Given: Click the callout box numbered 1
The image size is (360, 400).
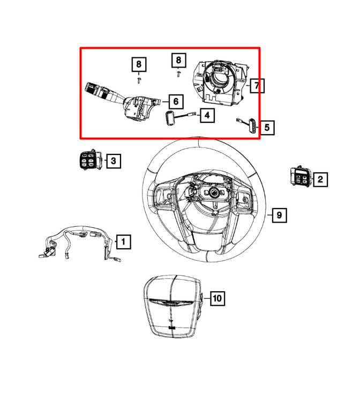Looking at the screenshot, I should pos(123,242).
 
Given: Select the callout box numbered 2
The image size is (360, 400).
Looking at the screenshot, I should pos(320,179).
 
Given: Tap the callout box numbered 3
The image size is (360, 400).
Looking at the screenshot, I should pos(113,160).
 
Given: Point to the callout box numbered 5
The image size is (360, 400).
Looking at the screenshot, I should pos(266,128).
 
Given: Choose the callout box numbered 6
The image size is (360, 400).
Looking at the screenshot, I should pos(176,101).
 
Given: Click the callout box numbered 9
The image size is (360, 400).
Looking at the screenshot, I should pos(279,216).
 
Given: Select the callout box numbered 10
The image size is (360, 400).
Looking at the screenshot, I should pos(217,298).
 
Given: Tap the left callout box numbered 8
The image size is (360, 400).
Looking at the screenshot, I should pos(139,65).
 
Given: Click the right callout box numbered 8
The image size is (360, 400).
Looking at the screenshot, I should pos(178,61).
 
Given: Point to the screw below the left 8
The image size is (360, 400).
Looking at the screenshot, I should pos(139,80).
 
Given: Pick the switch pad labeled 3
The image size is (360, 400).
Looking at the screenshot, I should pos(89,160).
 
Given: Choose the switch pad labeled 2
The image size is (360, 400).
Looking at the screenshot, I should pos(300,177).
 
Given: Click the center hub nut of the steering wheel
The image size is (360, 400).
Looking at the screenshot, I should pos(213,192).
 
